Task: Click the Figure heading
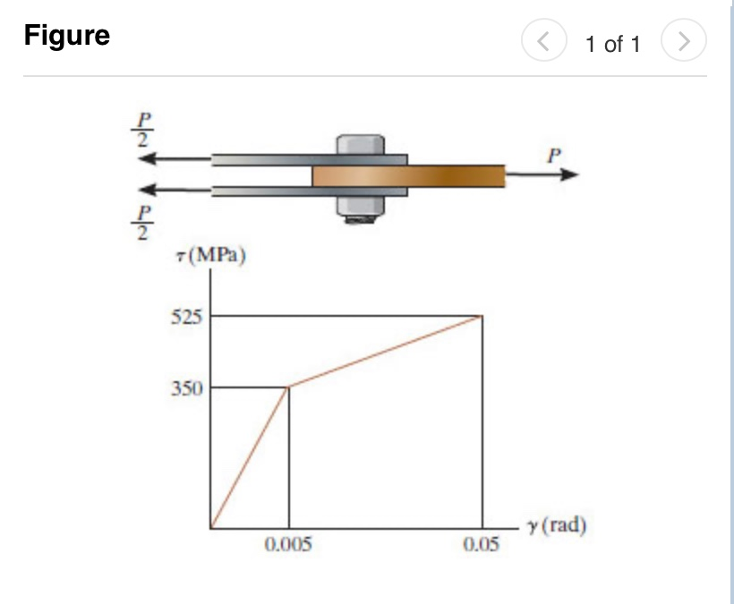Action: click(67, 36)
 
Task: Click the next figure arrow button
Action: click(683, 41)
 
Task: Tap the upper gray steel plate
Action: click(260, 160)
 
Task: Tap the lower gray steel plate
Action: click(260, 190)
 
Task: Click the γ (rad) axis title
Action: click(557, 525)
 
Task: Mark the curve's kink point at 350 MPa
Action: click(288, 387)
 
